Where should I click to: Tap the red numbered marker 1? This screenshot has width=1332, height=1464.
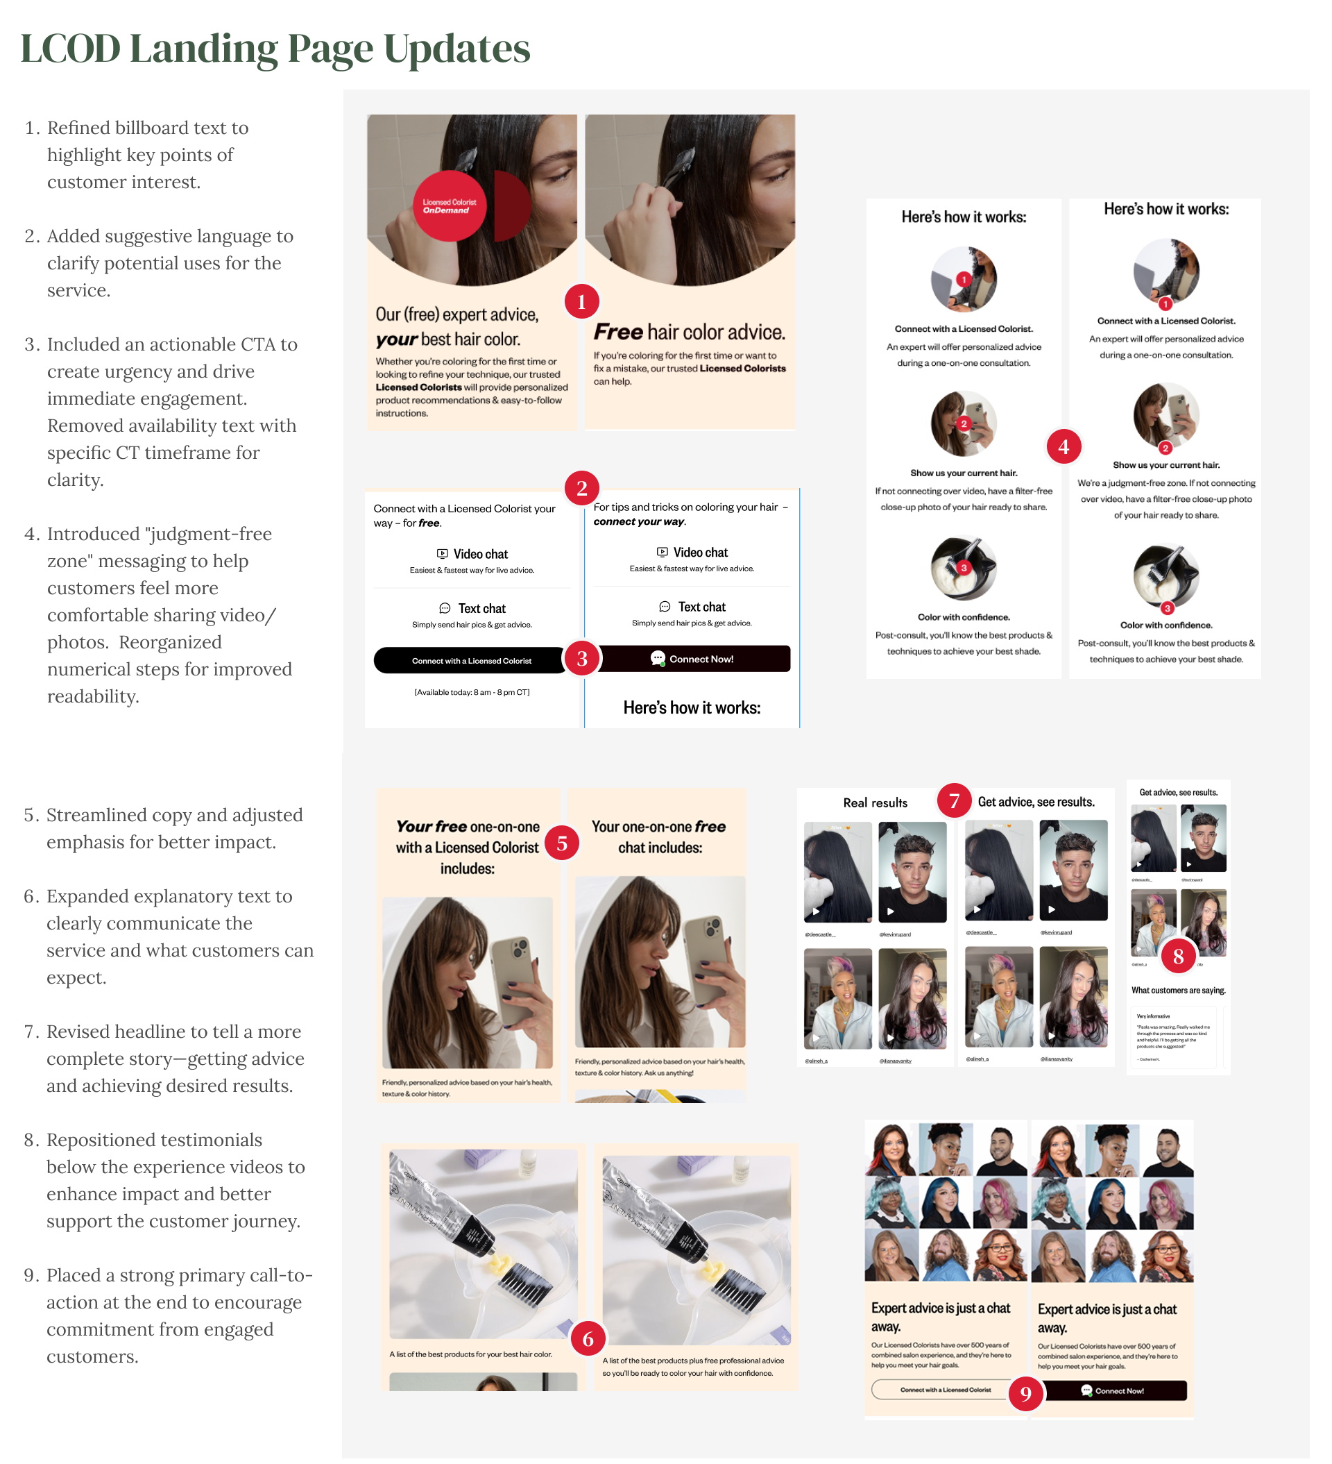click(581, 301)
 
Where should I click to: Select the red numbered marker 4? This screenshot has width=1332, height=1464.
click(1063, 446)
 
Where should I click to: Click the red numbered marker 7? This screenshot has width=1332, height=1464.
click(954, 800)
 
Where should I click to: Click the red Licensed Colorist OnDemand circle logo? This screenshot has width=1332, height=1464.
click(449, 206)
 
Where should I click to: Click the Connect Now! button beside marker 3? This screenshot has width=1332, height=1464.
click(692, 659)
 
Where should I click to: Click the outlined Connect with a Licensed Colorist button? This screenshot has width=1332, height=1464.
click(944, 1389)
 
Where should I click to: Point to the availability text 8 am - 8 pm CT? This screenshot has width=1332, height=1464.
click(471, 692)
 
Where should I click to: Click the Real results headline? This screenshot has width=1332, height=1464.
click(875, 802)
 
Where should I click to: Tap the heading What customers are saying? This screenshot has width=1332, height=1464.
click(1177, 990)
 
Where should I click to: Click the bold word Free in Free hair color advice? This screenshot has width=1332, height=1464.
click(617, 332)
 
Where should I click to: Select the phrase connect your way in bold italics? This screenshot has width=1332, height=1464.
click(638, 521)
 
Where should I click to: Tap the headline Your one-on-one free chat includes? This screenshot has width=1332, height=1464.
click(658, 836)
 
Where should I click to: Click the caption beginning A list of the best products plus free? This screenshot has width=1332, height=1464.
click(692, 1367)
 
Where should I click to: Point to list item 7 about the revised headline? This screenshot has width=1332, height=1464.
click(174, 1058)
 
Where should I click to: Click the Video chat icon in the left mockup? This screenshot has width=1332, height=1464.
click(442, 553)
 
